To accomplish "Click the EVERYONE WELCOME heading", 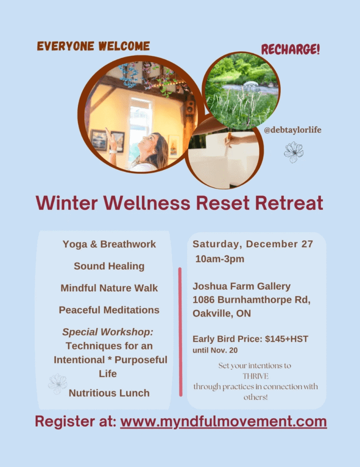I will pos(93,46).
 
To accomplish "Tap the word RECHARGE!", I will pos(290,49).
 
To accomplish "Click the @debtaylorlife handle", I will pos(292,130).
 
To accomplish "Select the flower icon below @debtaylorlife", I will pos(293,152).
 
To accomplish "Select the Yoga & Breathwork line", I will pos(109,244).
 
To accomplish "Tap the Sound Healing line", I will pos(109,266).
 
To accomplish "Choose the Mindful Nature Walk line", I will pos(109,288).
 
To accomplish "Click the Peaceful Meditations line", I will pos(109,310).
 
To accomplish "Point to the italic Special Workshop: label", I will pos(108,332).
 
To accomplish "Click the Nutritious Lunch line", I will pos(109,393).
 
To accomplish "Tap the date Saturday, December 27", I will pos(253,244).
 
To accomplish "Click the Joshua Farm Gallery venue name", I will pos(241,286).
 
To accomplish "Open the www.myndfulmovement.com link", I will pos(224,421).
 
